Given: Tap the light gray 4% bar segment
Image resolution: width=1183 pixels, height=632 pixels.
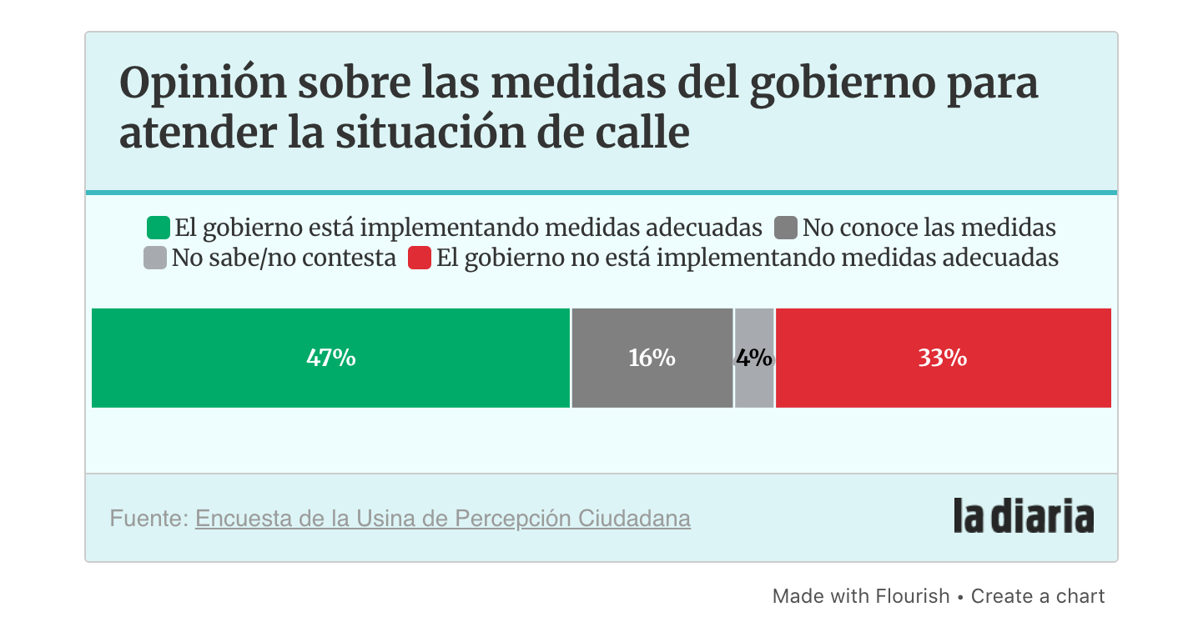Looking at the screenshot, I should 754,384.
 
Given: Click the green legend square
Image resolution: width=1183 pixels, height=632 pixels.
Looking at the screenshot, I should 159,228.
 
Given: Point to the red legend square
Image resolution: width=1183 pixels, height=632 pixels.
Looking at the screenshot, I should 419,258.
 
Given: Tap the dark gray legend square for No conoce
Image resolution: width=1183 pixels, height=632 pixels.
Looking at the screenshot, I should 787,228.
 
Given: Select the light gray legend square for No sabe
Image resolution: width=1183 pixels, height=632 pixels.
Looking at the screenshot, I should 155,258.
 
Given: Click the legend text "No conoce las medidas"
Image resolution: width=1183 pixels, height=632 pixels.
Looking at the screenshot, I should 929,228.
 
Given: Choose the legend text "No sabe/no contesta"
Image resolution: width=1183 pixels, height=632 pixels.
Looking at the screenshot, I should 284,258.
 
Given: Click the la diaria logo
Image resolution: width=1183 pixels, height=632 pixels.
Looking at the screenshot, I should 1024,517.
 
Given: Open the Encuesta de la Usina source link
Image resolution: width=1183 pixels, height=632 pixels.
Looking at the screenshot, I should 442,519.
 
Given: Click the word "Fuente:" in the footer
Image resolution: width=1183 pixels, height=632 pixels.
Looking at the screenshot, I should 149,519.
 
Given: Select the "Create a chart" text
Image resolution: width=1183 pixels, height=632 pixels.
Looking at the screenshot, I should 1038,596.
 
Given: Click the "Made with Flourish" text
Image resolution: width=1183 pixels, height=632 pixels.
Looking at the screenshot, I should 860,596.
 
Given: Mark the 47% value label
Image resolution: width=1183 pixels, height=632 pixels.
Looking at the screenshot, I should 331,359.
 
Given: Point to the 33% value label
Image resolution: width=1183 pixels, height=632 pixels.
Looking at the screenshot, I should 943,359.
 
